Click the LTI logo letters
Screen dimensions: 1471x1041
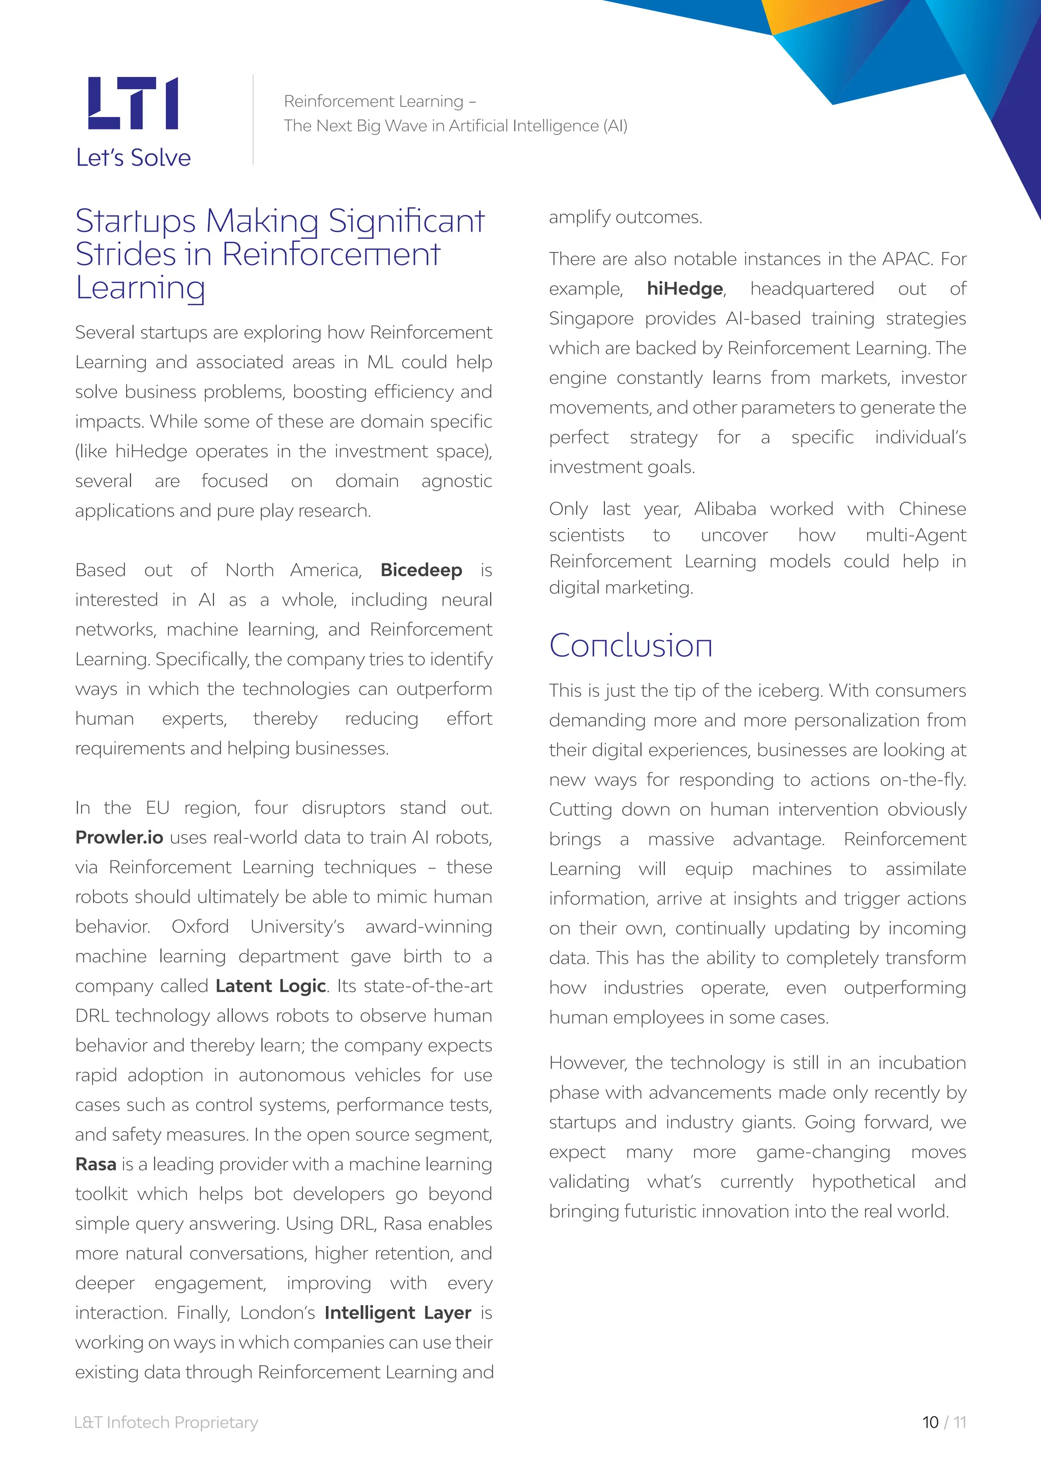[x=133, y=103]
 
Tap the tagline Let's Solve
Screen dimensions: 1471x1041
[x=133, y=157]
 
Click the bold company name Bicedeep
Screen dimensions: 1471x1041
[x=421, y=570]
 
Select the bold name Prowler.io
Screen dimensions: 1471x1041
[x=119, y=838]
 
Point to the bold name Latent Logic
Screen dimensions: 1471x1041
[x=270, y=986]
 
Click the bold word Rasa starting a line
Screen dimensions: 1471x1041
[x=96, y=1164]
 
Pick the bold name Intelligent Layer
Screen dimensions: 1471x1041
[x=397, y=1313]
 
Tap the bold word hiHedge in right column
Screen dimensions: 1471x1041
[x=685, y=289]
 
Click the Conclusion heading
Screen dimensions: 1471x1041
[x=631, y=645]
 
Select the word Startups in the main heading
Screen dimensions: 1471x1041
[x=135, y=221]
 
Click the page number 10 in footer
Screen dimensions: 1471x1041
[x=930, y=1422]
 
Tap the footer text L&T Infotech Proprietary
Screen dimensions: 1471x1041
[x=167, y=1422]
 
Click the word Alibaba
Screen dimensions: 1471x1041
[x=725, y=508]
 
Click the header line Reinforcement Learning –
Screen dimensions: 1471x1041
[x=380, y=101]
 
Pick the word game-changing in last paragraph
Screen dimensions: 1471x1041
[x=823, y=1152]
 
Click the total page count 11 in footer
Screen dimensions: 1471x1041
[x=959, y=1422]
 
